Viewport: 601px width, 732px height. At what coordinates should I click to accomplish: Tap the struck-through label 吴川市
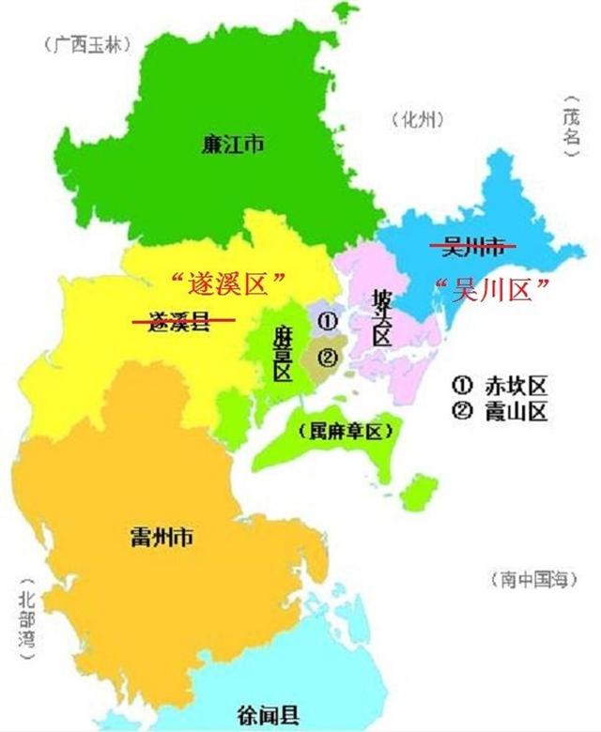point(473,247)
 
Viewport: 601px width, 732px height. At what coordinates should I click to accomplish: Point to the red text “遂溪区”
point(224,281)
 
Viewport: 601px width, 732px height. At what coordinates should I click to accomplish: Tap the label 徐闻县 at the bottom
point(267,712)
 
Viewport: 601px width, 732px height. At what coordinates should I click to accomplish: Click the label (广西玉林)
point(85,42)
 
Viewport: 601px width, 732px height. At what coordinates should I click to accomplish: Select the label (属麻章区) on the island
point(343,433)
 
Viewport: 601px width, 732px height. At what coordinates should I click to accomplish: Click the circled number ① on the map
point(327,320)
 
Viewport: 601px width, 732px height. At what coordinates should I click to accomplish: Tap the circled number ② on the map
point(327,357)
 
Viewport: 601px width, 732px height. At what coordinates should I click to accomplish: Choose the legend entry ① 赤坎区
point(499,385)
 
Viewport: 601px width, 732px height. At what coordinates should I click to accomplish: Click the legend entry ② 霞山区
point(499,410)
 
